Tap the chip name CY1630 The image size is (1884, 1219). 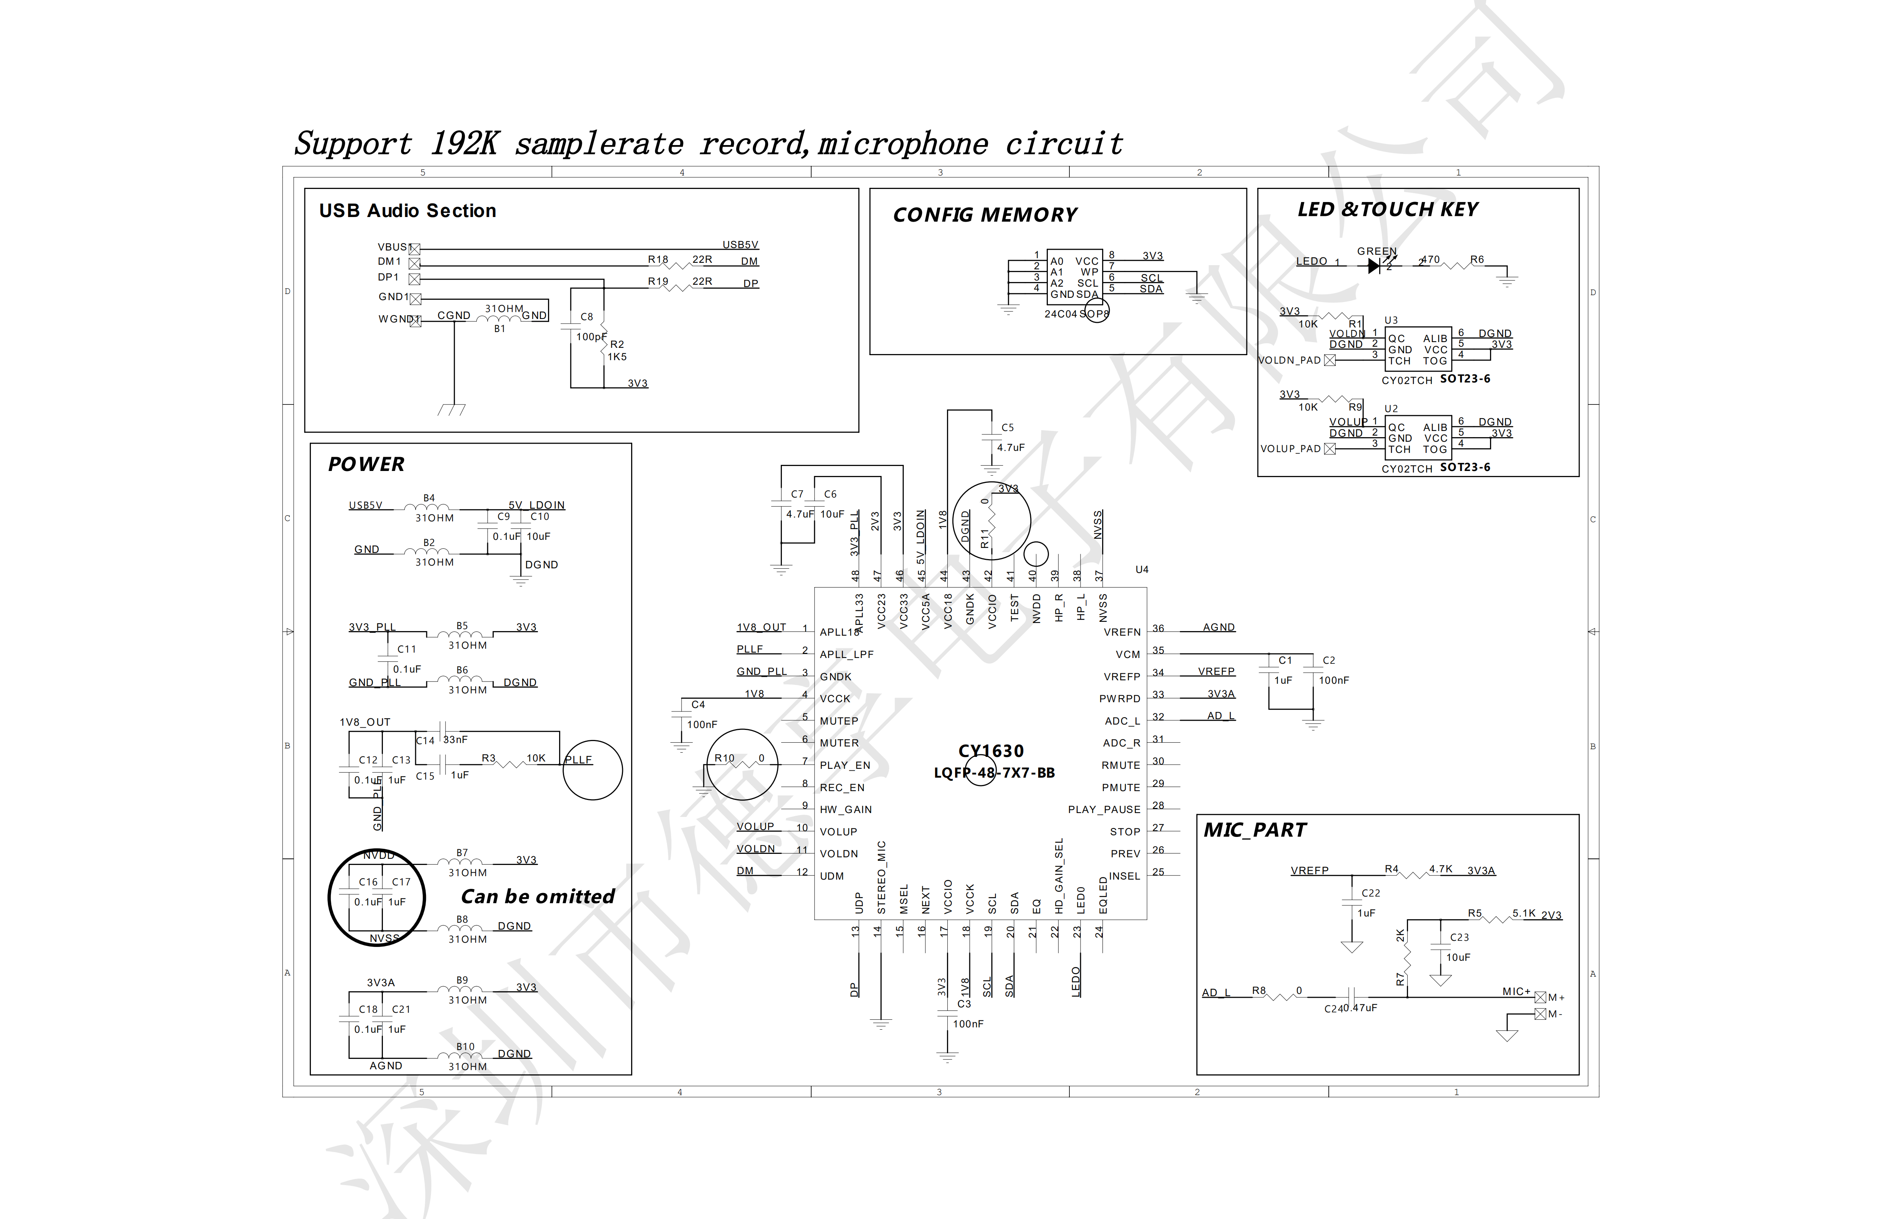[x=991, y=750]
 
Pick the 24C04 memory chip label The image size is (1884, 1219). [x=1060, y=314]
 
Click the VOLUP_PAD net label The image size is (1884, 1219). [x=1290, y=449]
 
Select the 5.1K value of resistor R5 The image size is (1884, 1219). [x=1524, y=913]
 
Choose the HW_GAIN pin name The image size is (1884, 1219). [x=845, y=810]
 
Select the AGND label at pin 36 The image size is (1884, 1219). [x=1218, y=627]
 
